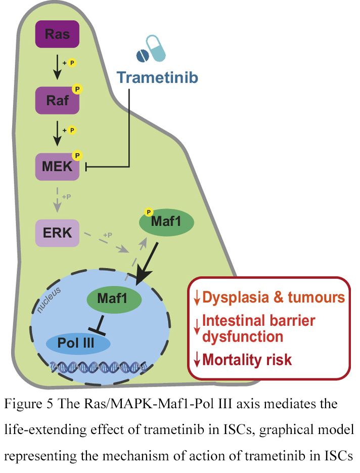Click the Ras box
[x=57, y=35]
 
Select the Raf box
[x=57, y=100]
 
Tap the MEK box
[x=57, y=166]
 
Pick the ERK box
[x=57, y=232]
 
